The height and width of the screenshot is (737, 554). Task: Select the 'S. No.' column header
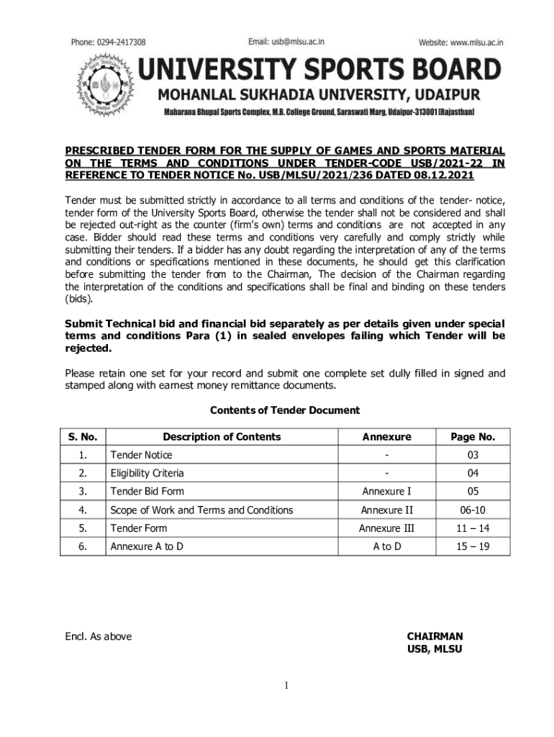pos(83,437)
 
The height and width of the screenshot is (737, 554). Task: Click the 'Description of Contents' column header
pos(222,437)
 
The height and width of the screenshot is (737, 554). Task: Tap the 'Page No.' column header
pos(473,437)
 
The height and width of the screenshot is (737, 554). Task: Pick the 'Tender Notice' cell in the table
pos(141,455)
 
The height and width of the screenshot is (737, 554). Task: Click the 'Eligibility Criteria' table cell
pos(147,473)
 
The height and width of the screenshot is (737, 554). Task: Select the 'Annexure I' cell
pos(386,492)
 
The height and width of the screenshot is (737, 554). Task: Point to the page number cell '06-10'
pos(473,510)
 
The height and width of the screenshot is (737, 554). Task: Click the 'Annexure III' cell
pos(386,528)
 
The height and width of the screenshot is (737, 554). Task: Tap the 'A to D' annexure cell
pos(386,546)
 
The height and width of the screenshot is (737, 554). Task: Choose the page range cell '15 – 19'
pos(473,546)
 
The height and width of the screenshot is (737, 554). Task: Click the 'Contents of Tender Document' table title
pos(284,410)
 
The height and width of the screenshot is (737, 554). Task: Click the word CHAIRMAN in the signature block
pos(435,636)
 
